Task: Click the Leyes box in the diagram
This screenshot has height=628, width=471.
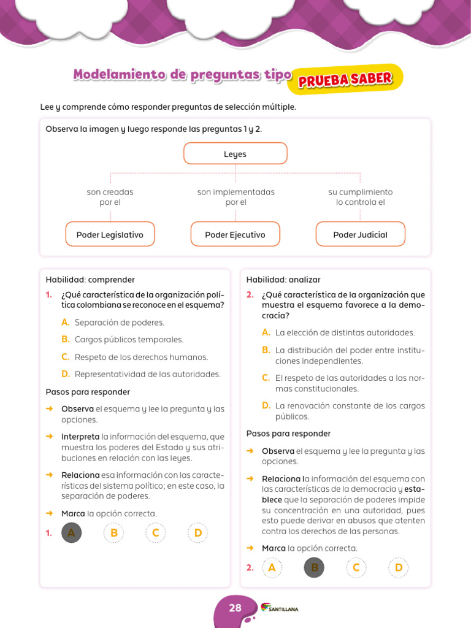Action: (x=235, y=153)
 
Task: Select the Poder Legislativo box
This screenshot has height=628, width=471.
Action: (x=110, y=234)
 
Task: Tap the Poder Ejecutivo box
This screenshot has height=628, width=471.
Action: (x=235, y=234)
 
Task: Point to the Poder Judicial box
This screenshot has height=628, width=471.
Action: (x=360, y=234)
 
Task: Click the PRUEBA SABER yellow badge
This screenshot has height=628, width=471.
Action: (x=345, y=80)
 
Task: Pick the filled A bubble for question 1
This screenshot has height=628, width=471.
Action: (x=72, y=533)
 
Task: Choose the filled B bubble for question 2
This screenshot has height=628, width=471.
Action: (x=314, y=568)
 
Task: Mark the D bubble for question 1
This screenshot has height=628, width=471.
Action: (x=198, y=533)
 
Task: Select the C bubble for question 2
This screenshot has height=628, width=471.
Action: (x=356, y=568)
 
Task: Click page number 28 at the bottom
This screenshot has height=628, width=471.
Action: (x=235, y=608)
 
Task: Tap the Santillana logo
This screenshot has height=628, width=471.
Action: (x=280, y=608)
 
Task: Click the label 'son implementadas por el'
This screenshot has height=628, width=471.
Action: (x=235, y=197)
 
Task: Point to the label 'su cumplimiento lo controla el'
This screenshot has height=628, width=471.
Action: (x=360, y=197)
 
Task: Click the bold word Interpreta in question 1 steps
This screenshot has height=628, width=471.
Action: (x=80, y=437)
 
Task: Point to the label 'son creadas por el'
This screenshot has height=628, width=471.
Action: (x=110, y=197)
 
